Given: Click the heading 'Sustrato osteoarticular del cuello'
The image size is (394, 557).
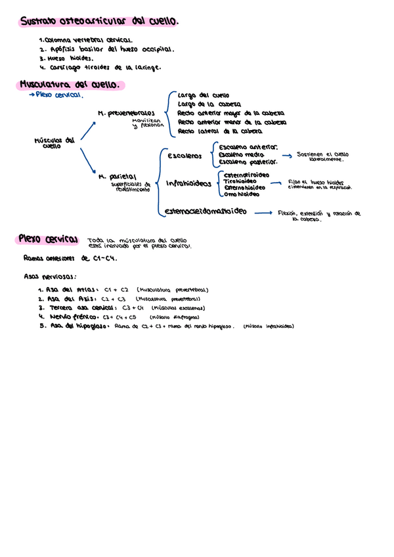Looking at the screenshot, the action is point(98,22).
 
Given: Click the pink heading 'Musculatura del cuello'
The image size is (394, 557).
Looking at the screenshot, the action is point(70,85).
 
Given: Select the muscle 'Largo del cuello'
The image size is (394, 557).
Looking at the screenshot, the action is point(204,95).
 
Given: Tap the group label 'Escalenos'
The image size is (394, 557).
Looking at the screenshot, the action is point(185,156).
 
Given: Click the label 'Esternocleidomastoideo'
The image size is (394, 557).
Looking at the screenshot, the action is point(206,212).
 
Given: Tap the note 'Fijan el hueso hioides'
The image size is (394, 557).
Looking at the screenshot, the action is point(317,181).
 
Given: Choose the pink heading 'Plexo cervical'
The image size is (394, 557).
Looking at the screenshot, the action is point(49,238).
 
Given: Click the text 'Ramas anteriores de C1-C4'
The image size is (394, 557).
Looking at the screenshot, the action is point(70,258).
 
